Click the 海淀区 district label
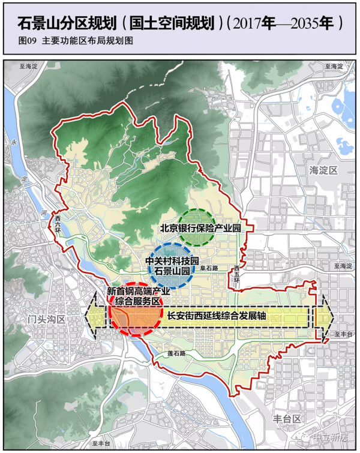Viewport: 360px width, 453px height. [323, 170]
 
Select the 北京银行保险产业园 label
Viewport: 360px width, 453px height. [204, 228]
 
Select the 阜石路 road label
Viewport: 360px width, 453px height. [208, 269]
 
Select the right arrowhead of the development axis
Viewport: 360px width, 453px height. [323, 316]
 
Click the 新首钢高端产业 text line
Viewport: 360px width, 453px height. [139, 290]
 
